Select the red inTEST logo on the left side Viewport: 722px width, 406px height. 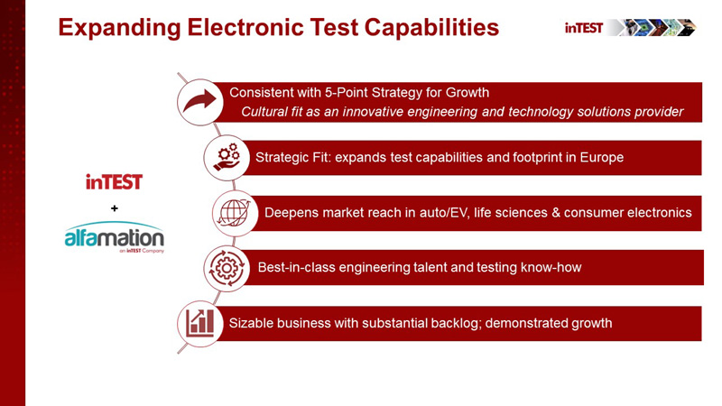pyautogui.click(x=115, y=182)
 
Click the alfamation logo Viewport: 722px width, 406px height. pyautogui.click(x=115, y=238)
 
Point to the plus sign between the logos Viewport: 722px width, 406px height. pyautogui.click(x=115, y=208)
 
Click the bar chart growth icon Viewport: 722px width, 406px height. pyautogui.click(x=199, y=323)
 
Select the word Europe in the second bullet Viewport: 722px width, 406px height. pyautogui.click(x=601, y=158)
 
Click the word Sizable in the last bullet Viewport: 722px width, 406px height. pyautogui.click(x=254, y=323)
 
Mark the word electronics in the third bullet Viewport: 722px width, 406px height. pyautogui.click(x=657, y=213)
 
